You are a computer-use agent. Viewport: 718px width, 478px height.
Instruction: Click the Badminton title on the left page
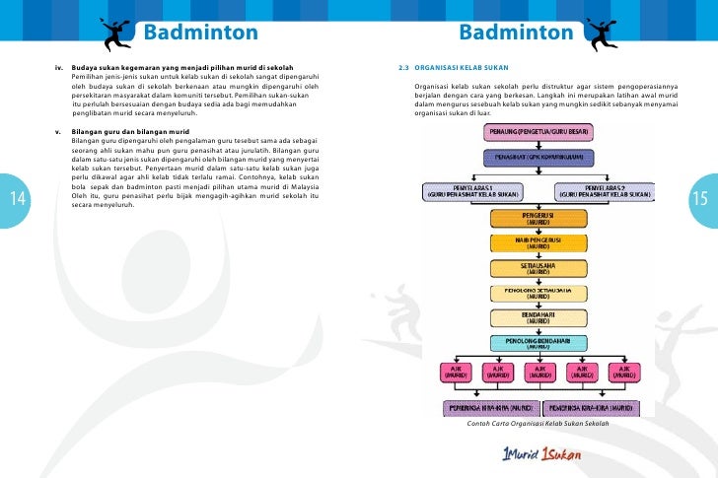coord(201,34)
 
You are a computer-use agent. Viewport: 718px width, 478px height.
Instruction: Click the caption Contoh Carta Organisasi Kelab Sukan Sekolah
coord(538,436)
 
